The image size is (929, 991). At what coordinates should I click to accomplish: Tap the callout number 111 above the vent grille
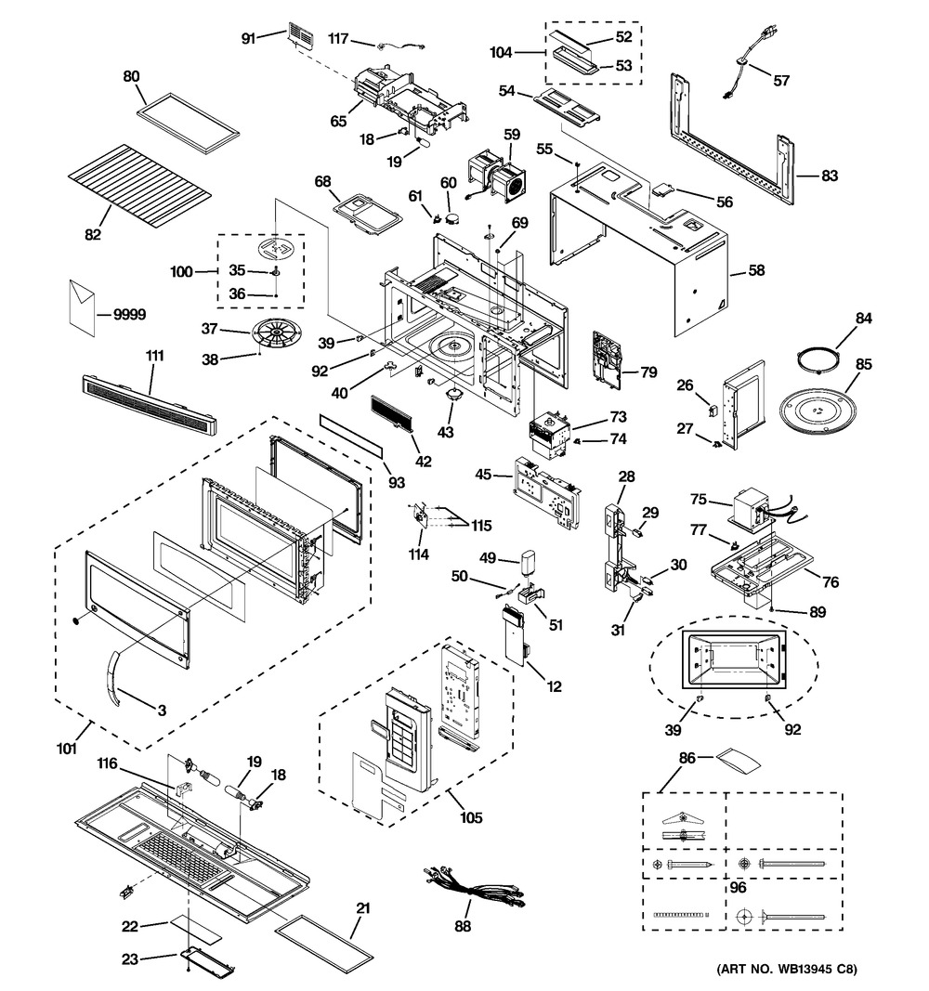click(x=154, y=357)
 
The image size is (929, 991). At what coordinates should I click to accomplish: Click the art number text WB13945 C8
click(x=786, y=971)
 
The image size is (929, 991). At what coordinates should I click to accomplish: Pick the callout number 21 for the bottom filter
click(x=363, y=906)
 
